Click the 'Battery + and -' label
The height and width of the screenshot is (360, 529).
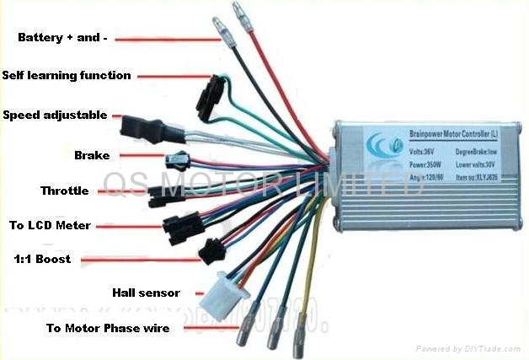point(64,39)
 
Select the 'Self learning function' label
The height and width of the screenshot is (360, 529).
point(67,75)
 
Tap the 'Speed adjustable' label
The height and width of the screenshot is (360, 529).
point(55,115)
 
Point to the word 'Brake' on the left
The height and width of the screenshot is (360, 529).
point(92,155)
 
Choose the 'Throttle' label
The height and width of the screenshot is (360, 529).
point(64,191)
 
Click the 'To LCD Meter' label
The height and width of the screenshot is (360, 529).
point(51,225)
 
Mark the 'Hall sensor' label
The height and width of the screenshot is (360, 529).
point(146,293)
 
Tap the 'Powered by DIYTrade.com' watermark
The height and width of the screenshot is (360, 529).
point(469,348)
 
